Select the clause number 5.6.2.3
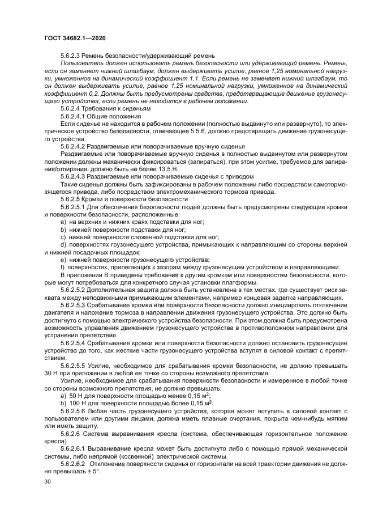click(x=72, y=55)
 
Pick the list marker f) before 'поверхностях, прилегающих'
click(x=63, y=283)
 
